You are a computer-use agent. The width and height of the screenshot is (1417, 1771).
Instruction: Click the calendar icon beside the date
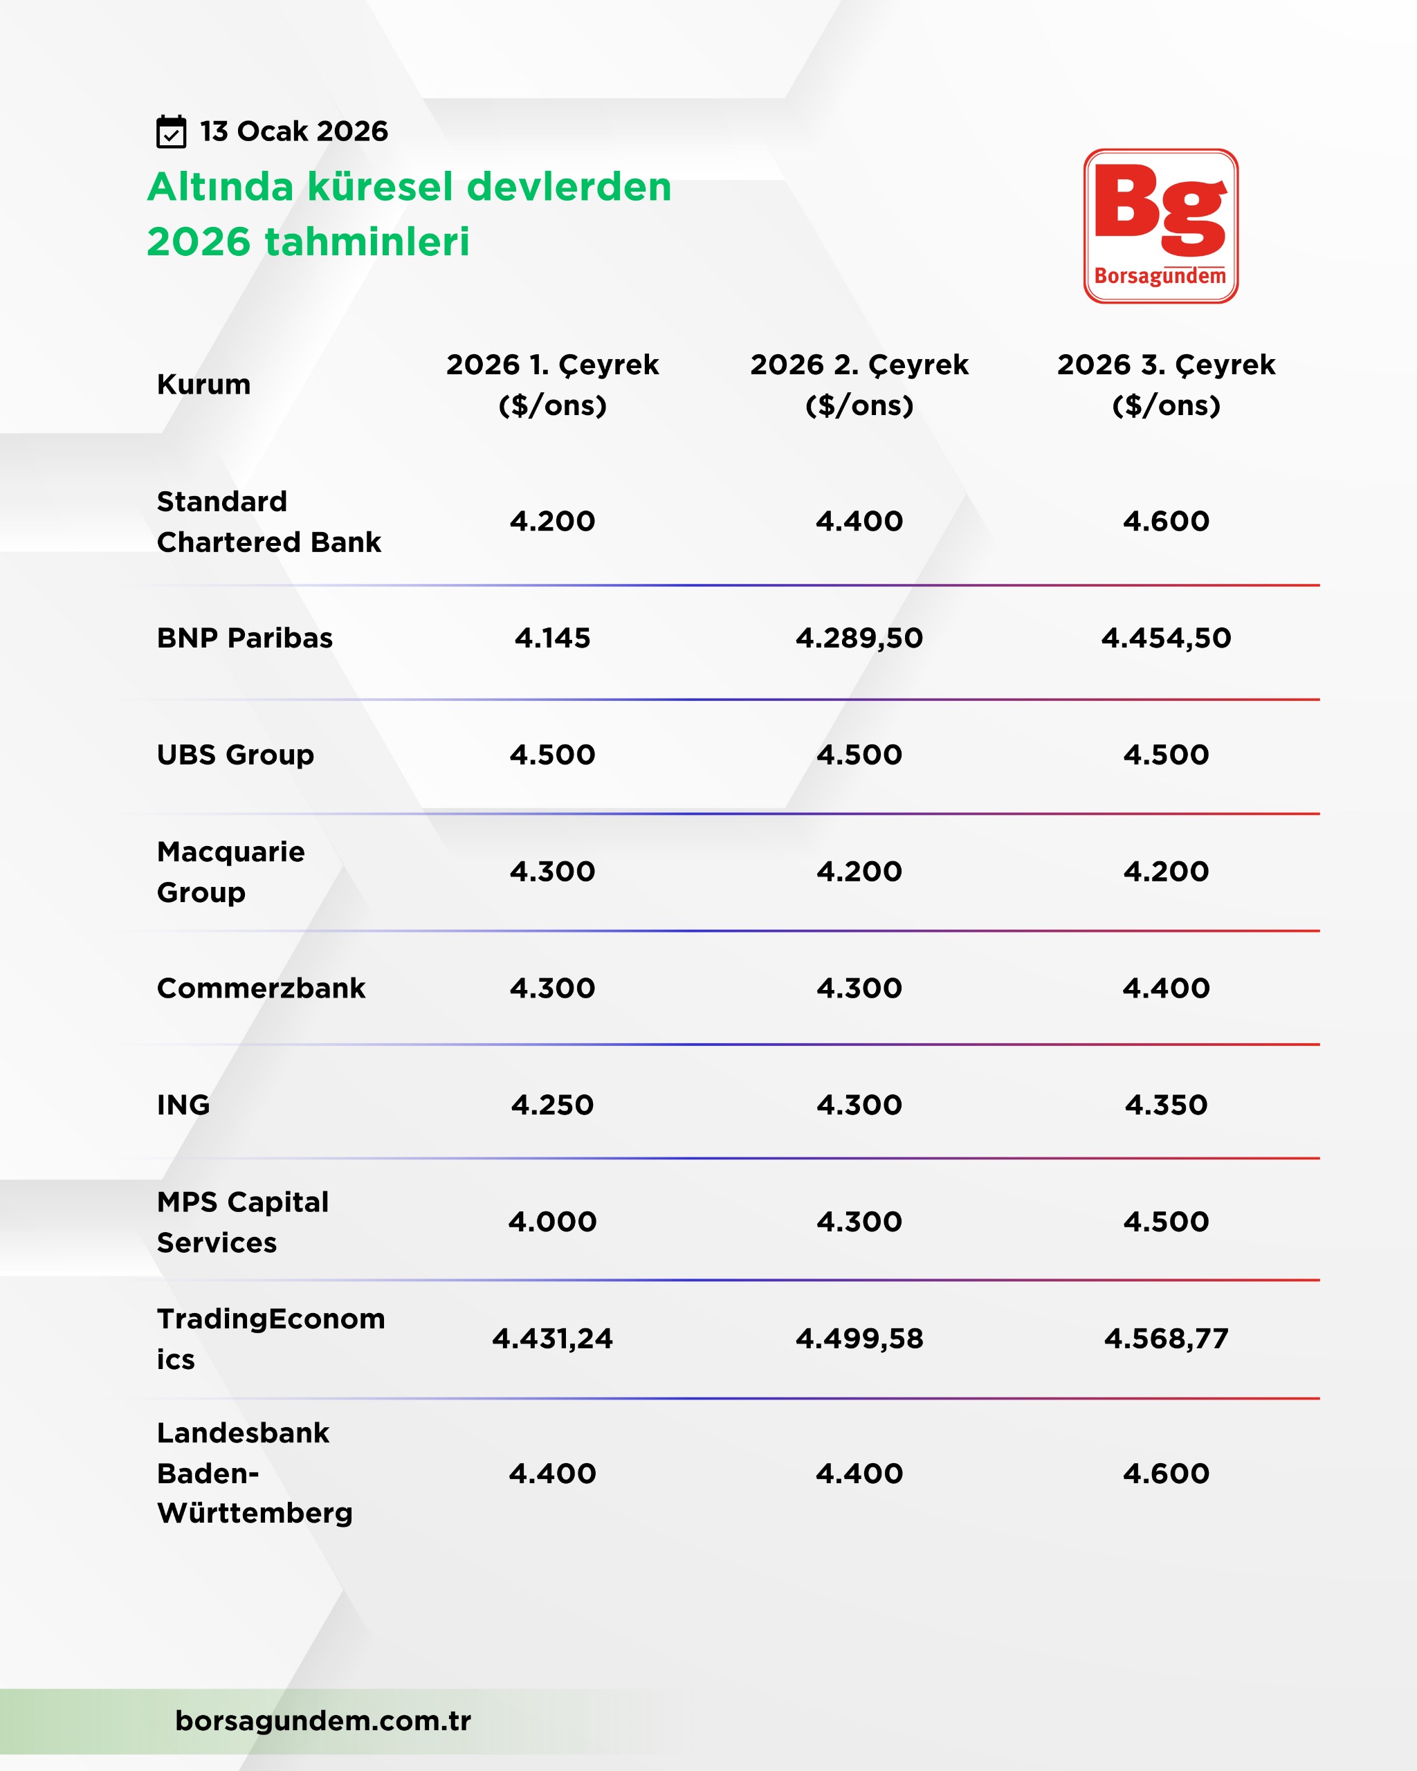171,131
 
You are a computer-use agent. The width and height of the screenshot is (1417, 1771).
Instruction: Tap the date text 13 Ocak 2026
293,131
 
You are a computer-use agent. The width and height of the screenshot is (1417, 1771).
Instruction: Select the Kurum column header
203,385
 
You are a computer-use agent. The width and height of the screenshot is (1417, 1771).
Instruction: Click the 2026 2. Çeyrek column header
859,385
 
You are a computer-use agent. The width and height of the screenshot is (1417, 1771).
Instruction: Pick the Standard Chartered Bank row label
268,522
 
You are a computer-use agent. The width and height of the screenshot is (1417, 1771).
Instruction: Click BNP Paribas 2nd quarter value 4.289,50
859,639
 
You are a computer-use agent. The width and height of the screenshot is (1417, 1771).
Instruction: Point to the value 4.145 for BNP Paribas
552,639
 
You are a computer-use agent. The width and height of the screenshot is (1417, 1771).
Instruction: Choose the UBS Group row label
236,755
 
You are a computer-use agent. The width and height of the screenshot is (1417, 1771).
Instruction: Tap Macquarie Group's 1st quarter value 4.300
552,872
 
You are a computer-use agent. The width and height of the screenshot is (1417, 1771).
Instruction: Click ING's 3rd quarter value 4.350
1166,1105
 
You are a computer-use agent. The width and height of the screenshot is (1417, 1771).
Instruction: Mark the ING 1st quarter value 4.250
552,1105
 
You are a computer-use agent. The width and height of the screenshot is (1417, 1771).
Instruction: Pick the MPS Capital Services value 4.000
552,1222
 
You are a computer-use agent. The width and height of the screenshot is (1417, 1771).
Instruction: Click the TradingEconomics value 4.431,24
552,1339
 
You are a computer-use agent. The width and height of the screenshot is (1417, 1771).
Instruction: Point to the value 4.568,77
1166,1339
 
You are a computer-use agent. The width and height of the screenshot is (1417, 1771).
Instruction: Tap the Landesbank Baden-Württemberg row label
255,1473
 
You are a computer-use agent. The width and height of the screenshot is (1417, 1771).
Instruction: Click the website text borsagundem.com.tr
323,1720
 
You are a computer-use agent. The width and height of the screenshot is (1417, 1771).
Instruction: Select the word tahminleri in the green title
367,241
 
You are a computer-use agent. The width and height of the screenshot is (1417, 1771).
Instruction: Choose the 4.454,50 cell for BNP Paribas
1166,639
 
